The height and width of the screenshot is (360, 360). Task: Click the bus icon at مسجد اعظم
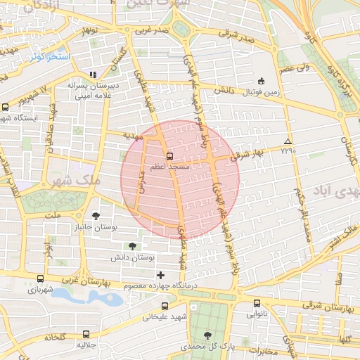tap(169, 155)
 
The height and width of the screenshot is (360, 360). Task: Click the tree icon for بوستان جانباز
tap(96, 216)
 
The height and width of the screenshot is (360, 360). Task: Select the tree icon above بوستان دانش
tap(132, 245)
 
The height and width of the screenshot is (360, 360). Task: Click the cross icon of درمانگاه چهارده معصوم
tap(160, 275)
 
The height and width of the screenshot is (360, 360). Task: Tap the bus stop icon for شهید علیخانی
tap(165, 306)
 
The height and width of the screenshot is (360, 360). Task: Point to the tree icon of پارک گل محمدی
tap(207, 335)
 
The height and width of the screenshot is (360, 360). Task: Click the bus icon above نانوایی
tap(256, 304)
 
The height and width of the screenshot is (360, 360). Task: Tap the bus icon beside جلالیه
tap(86, 335)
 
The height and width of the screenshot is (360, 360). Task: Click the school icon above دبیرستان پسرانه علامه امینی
tap(92, 74)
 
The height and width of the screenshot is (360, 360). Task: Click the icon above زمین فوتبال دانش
tap(262, 81)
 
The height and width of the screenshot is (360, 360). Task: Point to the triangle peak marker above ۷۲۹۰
tap(287, 141)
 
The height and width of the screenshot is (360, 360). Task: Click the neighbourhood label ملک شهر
tap(74, 181)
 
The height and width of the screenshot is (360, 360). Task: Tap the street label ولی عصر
tap(295, 68)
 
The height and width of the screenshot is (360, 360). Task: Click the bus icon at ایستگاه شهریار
tap(6, 107)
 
